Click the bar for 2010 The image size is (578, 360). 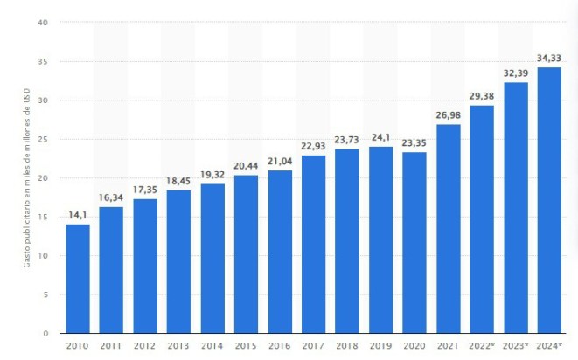pyautogui.click(x=78, y=279)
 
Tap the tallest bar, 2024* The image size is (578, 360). pyautogui.click(x=549, y=200)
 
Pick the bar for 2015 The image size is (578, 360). pyautogui.click(x=246, y=254)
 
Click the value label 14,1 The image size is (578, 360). pyautogui.click(x=78, y=215)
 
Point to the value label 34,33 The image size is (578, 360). pyautogui.click(x=549, y=58)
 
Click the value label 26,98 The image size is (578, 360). pyautogui.click(x=448, y=114)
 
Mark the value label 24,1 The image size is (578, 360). pyautogui.click(x=380, y=137)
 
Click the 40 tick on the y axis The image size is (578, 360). pyautogui.click(x=43, y=23)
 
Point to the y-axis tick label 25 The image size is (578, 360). pyautogui.click(x=43, y=139)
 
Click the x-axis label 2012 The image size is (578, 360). pyautogui.click(x=145, y=347)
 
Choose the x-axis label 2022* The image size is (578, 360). pyautogui.click(x=483, y=347)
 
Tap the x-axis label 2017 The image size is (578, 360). pyautogui.click(x=313, y=347)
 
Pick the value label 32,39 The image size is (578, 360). pyautogui.click(x=516, y=73)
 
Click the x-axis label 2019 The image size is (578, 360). pyautogui.click(x=380, y=347)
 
